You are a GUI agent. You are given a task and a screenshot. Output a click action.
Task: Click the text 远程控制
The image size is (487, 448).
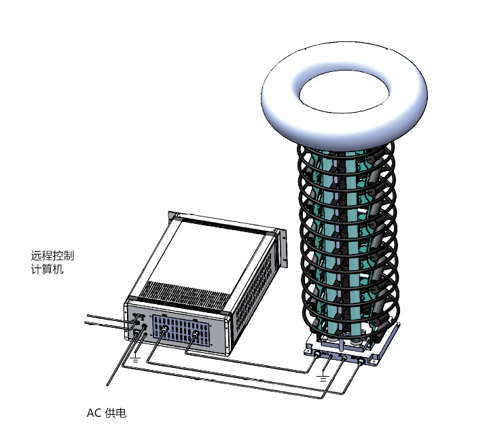pos(52,257)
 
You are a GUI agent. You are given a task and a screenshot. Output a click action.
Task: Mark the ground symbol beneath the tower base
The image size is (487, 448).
pos(324,375)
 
